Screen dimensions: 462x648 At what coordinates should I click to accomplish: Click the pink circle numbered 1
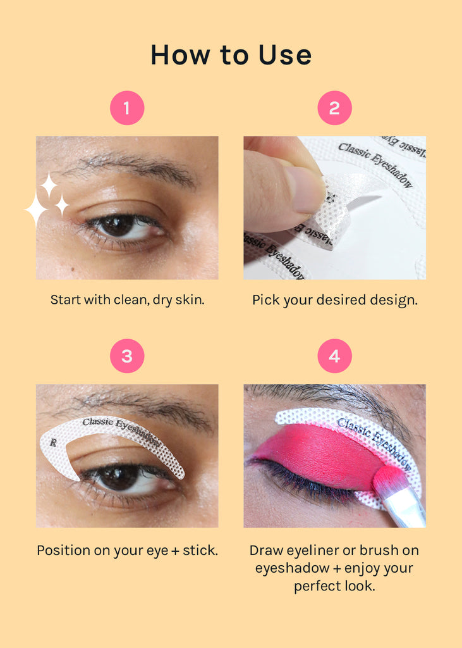click(127, 108)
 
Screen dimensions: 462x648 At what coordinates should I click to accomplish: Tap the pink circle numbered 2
click(334, 108)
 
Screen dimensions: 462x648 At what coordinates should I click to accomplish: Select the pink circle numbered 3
click(127, 356)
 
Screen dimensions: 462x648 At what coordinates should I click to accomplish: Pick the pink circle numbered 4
click(334, 356)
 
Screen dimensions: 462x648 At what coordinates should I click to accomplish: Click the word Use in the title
click(285, 55)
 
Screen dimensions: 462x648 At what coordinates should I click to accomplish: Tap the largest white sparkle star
click(35, 210)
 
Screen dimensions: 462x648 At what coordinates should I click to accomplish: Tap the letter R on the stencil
click(53, 442)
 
